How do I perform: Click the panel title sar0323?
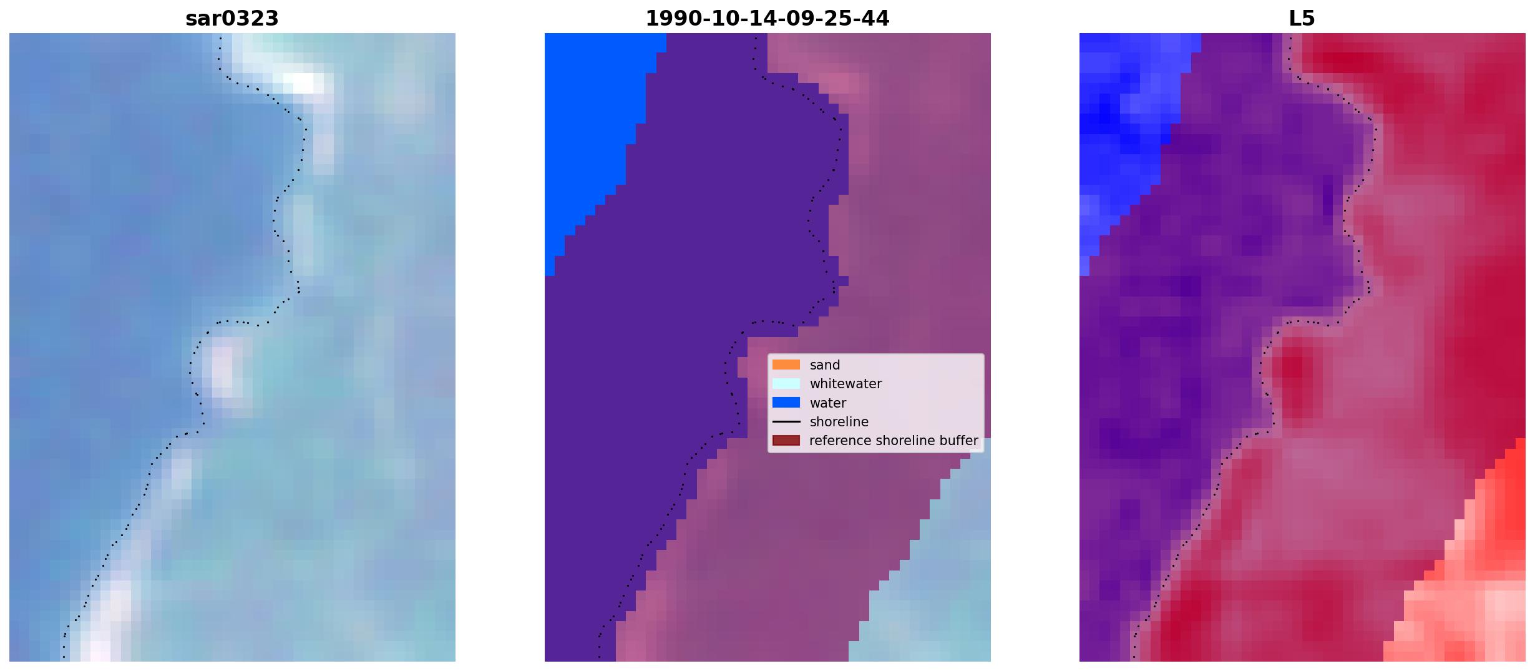pyautogui.click(x=232, y=19)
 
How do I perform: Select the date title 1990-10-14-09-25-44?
pyautogui.click(x=767, y=19)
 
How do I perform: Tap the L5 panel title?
pyautogui.click(x=1302, y=19)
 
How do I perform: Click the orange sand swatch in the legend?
pyautogui.click(x=786, y=365)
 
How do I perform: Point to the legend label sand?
pyautogui.click(x=825, y=365)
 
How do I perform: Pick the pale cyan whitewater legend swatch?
pyautogui.click(x=786, y=383)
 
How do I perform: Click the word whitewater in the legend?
pyautogui.click(x=845, y=384)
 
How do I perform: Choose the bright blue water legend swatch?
pyautogui.click(x=786, y=403)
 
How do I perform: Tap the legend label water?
pyautogui.click(x=828, y=403)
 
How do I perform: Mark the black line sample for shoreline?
pyautogui.click(x=786, y=422)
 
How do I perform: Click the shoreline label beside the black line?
pyautogui.click(x=839, y=422)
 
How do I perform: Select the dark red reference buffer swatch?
pyautogui.click(x=786, y=441)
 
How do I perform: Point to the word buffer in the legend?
pyautogui.click(x=960, y=441)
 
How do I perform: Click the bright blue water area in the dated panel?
pyautogui.click(x=593, y=125)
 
